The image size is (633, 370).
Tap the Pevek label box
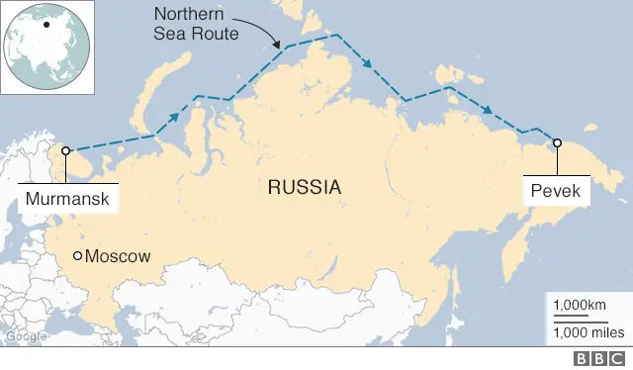[557, 190]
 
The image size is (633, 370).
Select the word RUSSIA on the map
[304, 186]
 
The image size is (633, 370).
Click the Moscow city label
[119, 256]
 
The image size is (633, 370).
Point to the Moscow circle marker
[78, 256]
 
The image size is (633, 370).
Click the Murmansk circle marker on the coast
[66, 152]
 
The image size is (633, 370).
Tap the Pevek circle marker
[557, 143]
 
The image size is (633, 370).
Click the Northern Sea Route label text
[196, 23]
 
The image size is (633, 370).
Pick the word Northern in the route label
[187, 14]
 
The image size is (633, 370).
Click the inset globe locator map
[47, 47]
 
